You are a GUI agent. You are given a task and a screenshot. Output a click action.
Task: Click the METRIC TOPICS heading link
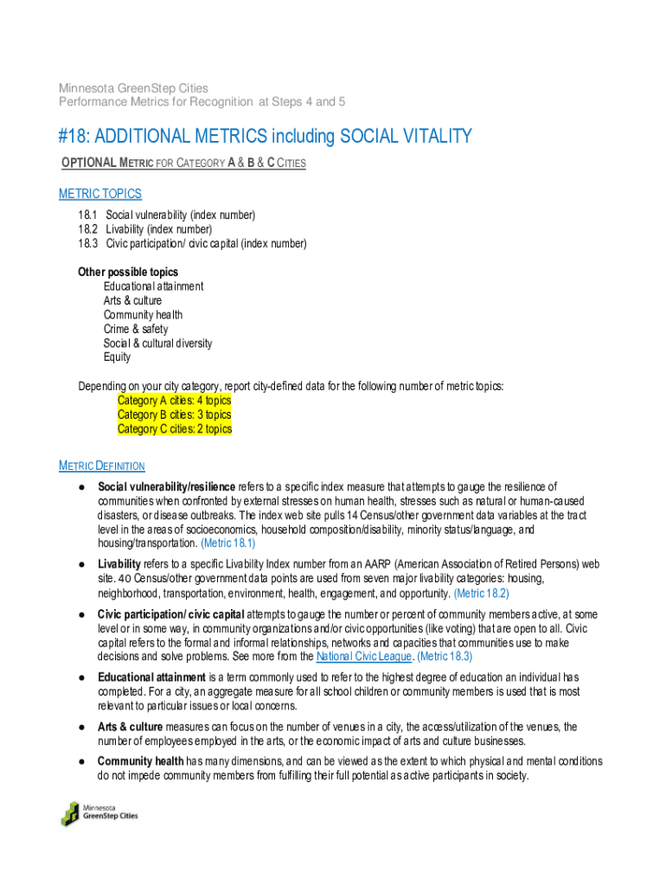tap(99, 194)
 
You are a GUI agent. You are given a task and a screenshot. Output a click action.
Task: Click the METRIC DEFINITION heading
tap(101, 466)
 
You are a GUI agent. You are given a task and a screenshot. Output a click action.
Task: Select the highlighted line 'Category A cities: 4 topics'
tap(174, 401)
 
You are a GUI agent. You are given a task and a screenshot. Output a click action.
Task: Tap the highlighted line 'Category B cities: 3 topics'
tap(174, 414)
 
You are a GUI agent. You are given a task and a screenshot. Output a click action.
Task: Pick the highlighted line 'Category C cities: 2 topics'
tap(174, 429)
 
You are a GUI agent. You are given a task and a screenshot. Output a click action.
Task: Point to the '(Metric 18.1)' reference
tap(227, 543)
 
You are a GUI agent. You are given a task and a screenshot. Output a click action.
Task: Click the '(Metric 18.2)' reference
tap(481, 594)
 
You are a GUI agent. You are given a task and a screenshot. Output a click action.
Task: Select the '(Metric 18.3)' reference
tap(446, 657)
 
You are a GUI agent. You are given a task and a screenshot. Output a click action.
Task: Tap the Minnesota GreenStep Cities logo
tap(99, 813)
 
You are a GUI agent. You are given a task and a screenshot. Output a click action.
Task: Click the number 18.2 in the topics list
tap(87, 229)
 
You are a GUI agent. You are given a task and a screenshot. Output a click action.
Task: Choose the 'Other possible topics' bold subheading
tap(128, 272)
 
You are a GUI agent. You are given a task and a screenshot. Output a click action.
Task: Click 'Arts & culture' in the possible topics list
tap(132, 300)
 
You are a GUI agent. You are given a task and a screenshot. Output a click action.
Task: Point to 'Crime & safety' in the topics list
tap(136, 329)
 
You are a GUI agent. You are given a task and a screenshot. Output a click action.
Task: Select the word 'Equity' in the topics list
tap(118, 357)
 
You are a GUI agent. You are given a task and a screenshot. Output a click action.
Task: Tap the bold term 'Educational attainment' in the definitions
tap(151, 677)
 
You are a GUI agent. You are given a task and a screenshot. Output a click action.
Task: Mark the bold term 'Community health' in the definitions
tap(140, 761)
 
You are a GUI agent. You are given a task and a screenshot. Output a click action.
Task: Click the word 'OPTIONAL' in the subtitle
tap(87, 164)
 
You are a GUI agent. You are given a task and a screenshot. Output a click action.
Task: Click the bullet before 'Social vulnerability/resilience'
tap(80, 487)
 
